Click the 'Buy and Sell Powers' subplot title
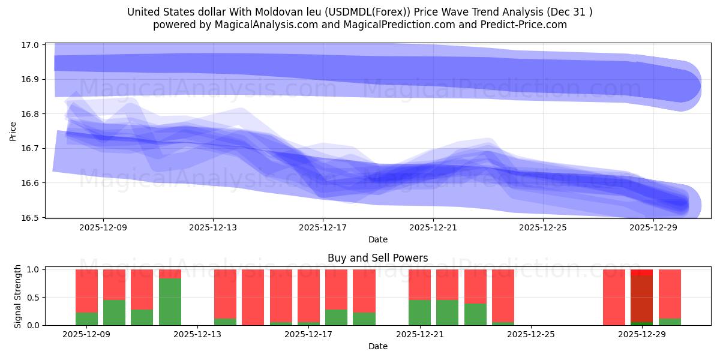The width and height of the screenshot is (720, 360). click(377, 259)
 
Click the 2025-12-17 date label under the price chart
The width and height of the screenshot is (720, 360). click(323, 228)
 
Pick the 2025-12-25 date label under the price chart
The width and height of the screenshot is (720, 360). click(542, 228)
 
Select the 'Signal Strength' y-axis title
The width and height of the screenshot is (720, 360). click(18, 296)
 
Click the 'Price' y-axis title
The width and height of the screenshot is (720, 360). click(13, 131)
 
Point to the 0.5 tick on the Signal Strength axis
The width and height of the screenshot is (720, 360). click(34, 298)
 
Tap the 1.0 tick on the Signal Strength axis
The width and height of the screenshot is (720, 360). click(34, 270)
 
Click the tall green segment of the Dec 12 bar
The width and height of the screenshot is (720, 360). click(170, 302)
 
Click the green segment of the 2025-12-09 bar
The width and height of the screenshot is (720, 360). click(86, 319)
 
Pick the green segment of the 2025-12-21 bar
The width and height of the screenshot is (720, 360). click(419, 312)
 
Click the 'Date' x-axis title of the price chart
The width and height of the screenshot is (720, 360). click(377, 239)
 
